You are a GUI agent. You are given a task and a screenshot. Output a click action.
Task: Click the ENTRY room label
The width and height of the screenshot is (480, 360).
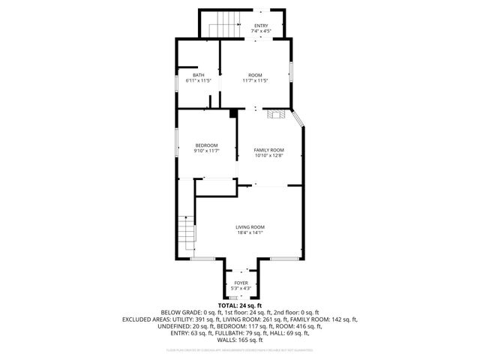point(261,26)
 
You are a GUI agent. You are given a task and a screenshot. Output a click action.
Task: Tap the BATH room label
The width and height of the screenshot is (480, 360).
point(198,75)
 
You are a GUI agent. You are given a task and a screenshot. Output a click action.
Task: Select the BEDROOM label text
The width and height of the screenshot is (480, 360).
point(206,145)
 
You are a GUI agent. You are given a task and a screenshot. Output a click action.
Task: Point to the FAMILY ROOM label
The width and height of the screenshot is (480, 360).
point(268,150)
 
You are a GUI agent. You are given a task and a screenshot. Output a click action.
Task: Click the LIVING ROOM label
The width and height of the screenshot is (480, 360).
point(250,227)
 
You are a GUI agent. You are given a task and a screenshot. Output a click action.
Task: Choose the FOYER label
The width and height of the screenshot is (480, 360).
point(241,283)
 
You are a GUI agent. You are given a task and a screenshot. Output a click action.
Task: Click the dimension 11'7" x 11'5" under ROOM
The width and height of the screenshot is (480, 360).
point(256,80)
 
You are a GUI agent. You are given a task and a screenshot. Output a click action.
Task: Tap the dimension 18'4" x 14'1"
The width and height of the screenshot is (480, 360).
point(250,232)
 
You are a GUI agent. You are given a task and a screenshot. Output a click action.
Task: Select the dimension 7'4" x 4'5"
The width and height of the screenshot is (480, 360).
point(261,31)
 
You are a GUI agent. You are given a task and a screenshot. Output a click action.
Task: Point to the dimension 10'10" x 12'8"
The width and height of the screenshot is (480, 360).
point(268,155)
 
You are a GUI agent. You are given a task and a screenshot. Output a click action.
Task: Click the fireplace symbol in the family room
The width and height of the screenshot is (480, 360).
point(276,114)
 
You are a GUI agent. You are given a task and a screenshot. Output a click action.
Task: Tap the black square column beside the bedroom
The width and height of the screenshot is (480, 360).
point(233,113)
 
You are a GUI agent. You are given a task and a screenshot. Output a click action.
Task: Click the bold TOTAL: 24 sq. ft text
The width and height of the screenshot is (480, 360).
point(239,306)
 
